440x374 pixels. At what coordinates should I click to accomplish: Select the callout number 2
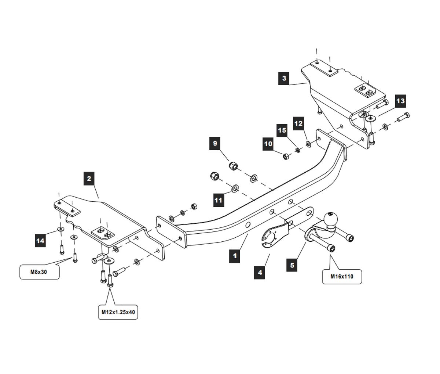tap(89, 179)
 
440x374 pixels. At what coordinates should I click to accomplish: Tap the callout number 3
tap(284, 78)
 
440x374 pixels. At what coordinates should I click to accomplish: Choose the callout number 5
tap(292, 265)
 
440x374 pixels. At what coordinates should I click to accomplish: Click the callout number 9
tap(215, 143)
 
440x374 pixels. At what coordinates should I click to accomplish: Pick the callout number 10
tap(268, 144)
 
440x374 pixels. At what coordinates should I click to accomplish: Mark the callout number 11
tap(219, 200)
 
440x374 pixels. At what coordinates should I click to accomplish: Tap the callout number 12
tap(298, 123)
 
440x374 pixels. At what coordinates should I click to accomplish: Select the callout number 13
tap(400, 100)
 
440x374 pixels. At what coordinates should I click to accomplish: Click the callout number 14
tap(41, 241)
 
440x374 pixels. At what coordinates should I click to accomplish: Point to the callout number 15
tap(282, 130)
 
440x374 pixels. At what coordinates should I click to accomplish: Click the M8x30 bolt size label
tap(39, 273)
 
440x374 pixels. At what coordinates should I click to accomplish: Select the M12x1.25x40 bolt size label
tap(118, 312)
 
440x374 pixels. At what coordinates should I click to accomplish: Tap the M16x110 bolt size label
tap(342, 277)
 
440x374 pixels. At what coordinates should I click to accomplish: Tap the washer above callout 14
tap(60, 230)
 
